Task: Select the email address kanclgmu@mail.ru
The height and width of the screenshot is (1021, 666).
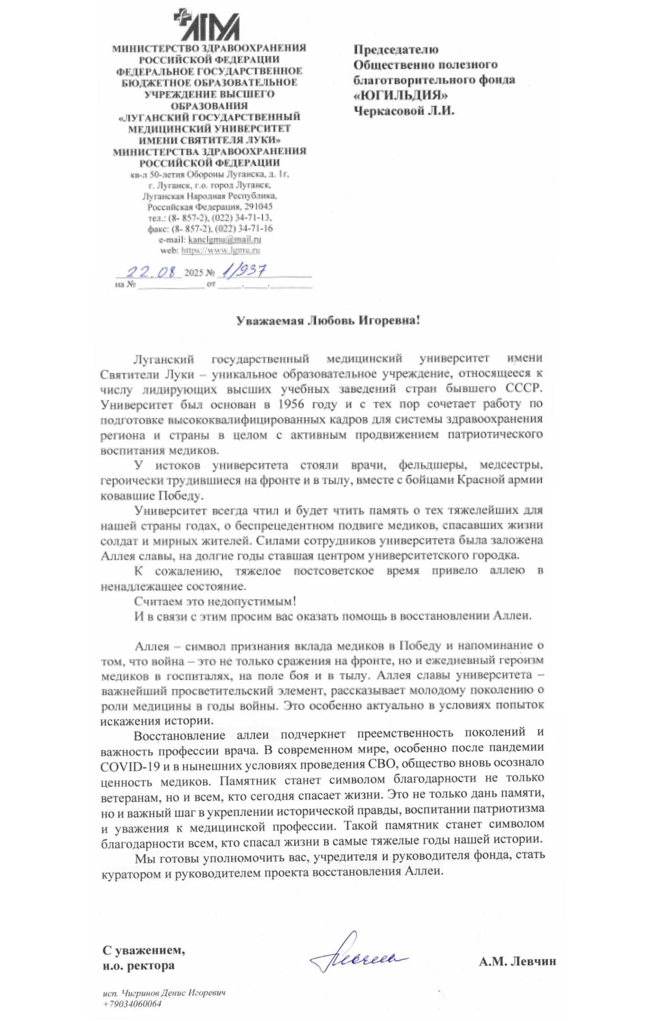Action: pos(225,239)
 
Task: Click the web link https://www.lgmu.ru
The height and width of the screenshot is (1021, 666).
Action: pos(220,250)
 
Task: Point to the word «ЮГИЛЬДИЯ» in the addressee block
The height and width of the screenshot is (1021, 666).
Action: pos(400,95)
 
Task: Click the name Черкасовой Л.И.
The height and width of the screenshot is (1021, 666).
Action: pos(403,111)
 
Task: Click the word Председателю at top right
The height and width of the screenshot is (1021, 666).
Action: pos(396,49)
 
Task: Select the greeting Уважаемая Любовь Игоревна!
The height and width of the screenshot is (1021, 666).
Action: pos(328,321)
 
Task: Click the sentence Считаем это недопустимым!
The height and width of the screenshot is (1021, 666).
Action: pos(215,601)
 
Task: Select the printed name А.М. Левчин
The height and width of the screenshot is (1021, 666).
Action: pos(517,962)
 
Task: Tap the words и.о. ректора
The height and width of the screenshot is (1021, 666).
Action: pos(138,966)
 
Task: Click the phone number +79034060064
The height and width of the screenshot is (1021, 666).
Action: pos(132,1004)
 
